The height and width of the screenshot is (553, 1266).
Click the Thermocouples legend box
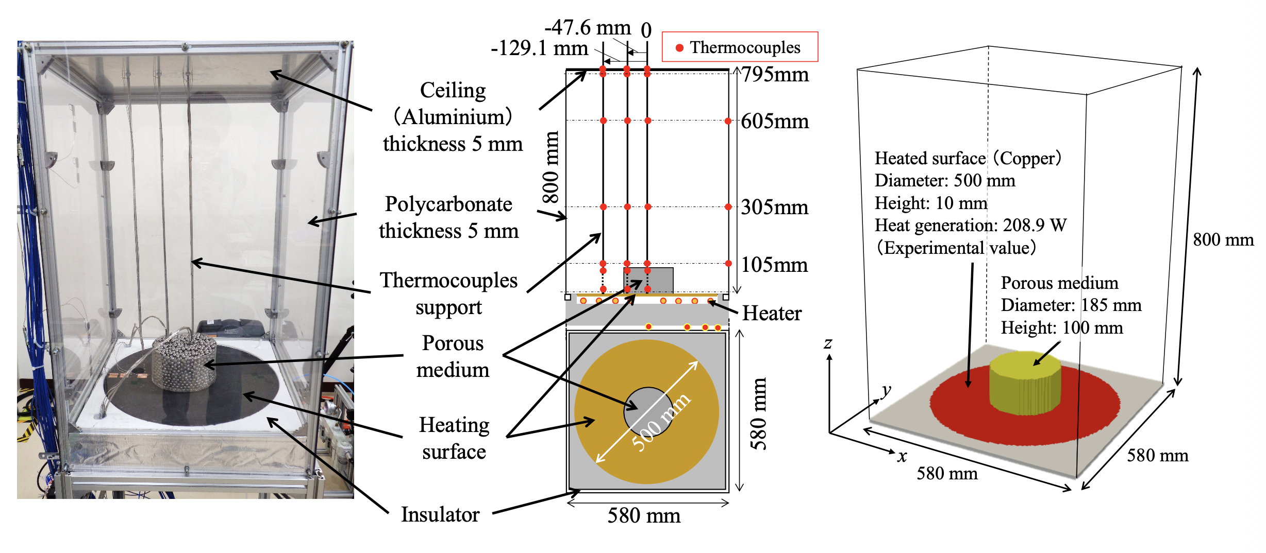tap(740, 47)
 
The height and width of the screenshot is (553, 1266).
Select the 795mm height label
tap(775, 75)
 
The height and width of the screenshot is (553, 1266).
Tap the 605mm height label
tap(775, 122)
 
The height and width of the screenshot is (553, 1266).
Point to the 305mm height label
tap(775, 208)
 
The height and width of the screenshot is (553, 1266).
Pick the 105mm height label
tap(775, 265)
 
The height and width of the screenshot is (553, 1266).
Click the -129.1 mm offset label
tap(539, 48)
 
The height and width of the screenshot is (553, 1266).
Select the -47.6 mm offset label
tap(588, 27)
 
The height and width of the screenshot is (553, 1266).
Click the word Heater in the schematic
tap(772, 313)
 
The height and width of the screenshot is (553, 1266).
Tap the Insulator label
tap(440, 514)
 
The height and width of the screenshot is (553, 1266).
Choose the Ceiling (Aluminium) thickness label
tap(453, 117)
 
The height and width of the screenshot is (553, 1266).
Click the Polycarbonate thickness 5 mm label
tap(448, 217)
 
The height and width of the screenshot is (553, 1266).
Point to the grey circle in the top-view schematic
tap(647, 411)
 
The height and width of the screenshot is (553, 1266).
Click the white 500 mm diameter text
tap(661, 422)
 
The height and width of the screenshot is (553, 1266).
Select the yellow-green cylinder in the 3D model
tap(1025, 383)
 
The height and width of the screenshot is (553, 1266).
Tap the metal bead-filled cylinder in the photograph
tap(185, 360)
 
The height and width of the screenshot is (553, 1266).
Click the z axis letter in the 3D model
tap(828, 343)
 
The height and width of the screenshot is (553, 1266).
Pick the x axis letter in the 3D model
tap(902, 456)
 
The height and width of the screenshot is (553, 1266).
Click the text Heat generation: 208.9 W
tap(971, 226)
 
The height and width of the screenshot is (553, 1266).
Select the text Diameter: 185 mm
tap(1071, 305)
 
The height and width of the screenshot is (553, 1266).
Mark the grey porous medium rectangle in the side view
tap(648, 280)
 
